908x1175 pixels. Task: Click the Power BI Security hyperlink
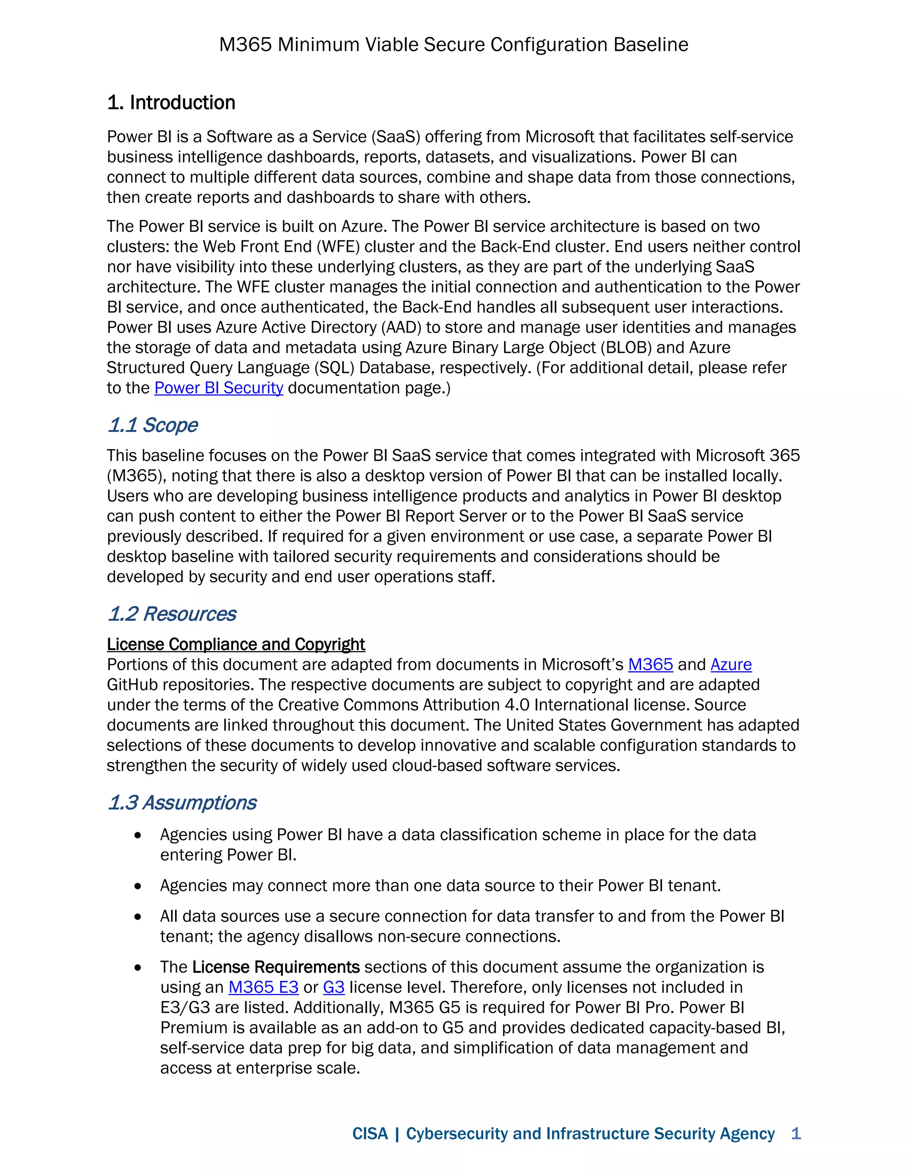tap(219, 388)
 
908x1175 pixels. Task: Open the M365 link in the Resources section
tap(650, 665)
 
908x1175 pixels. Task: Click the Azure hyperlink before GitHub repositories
tap(731, 665)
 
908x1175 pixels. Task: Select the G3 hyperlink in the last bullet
tap(333, 987)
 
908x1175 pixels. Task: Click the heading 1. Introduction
tap(171, 102)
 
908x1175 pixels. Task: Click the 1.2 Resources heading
tap(172, 614)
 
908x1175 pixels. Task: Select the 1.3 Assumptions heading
tap(182, 802)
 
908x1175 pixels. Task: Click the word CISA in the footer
tap(370, 1134)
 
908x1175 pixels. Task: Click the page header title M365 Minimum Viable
tap(454, 44)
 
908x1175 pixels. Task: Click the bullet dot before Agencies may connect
tap(138, 886)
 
